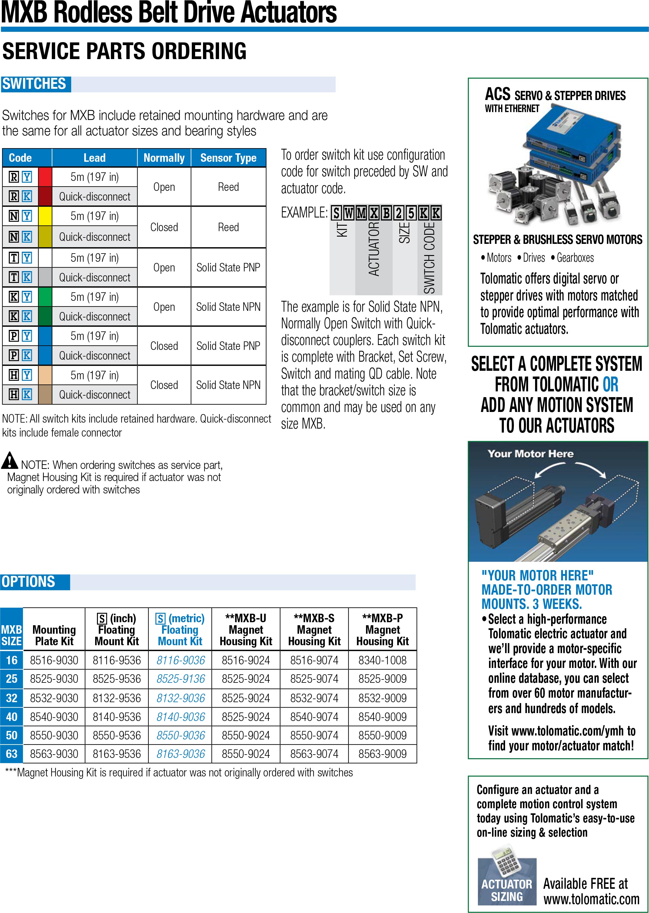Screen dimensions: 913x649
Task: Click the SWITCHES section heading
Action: click(x=34, y=84)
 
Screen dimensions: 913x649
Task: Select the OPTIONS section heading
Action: click(x=29, y=582)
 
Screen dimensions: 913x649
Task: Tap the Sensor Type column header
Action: click(x=228, y=158)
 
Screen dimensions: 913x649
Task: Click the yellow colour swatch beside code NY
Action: click(x=45, y=216)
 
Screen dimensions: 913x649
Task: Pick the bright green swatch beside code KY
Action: click(x=45, y=297)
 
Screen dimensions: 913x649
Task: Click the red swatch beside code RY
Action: click(x=45, y=177)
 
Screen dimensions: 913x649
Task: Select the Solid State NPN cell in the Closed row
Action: click(x=228, y=385)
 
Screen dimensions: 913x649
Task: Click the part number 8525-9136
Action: click(x=181, y=679)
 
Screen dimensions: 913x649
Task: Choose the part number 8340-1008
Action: click(x=382, y=660)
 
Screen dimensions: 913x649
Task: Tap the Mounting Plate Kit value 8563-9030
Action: click(x=54, y=754)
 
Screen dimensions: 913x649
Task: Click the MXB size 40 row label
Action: click(x=12, y=717)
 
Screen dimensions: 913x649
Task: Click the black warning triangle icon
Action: click(x=10, y=460)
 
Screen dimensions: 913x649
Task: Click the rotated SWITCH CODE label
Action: click(x=430, y=258)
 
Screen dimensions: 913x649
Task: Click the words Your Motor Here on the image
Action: click(x=530, y=454)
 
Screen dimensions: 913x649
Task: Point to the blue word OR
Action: click(x=610, y=384)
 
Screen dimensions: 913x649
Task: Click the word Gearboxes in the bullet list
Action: click(x=575, y=258)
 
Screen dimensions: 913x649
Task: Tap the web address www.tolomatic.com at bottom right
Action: click(x=591, y=899)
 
